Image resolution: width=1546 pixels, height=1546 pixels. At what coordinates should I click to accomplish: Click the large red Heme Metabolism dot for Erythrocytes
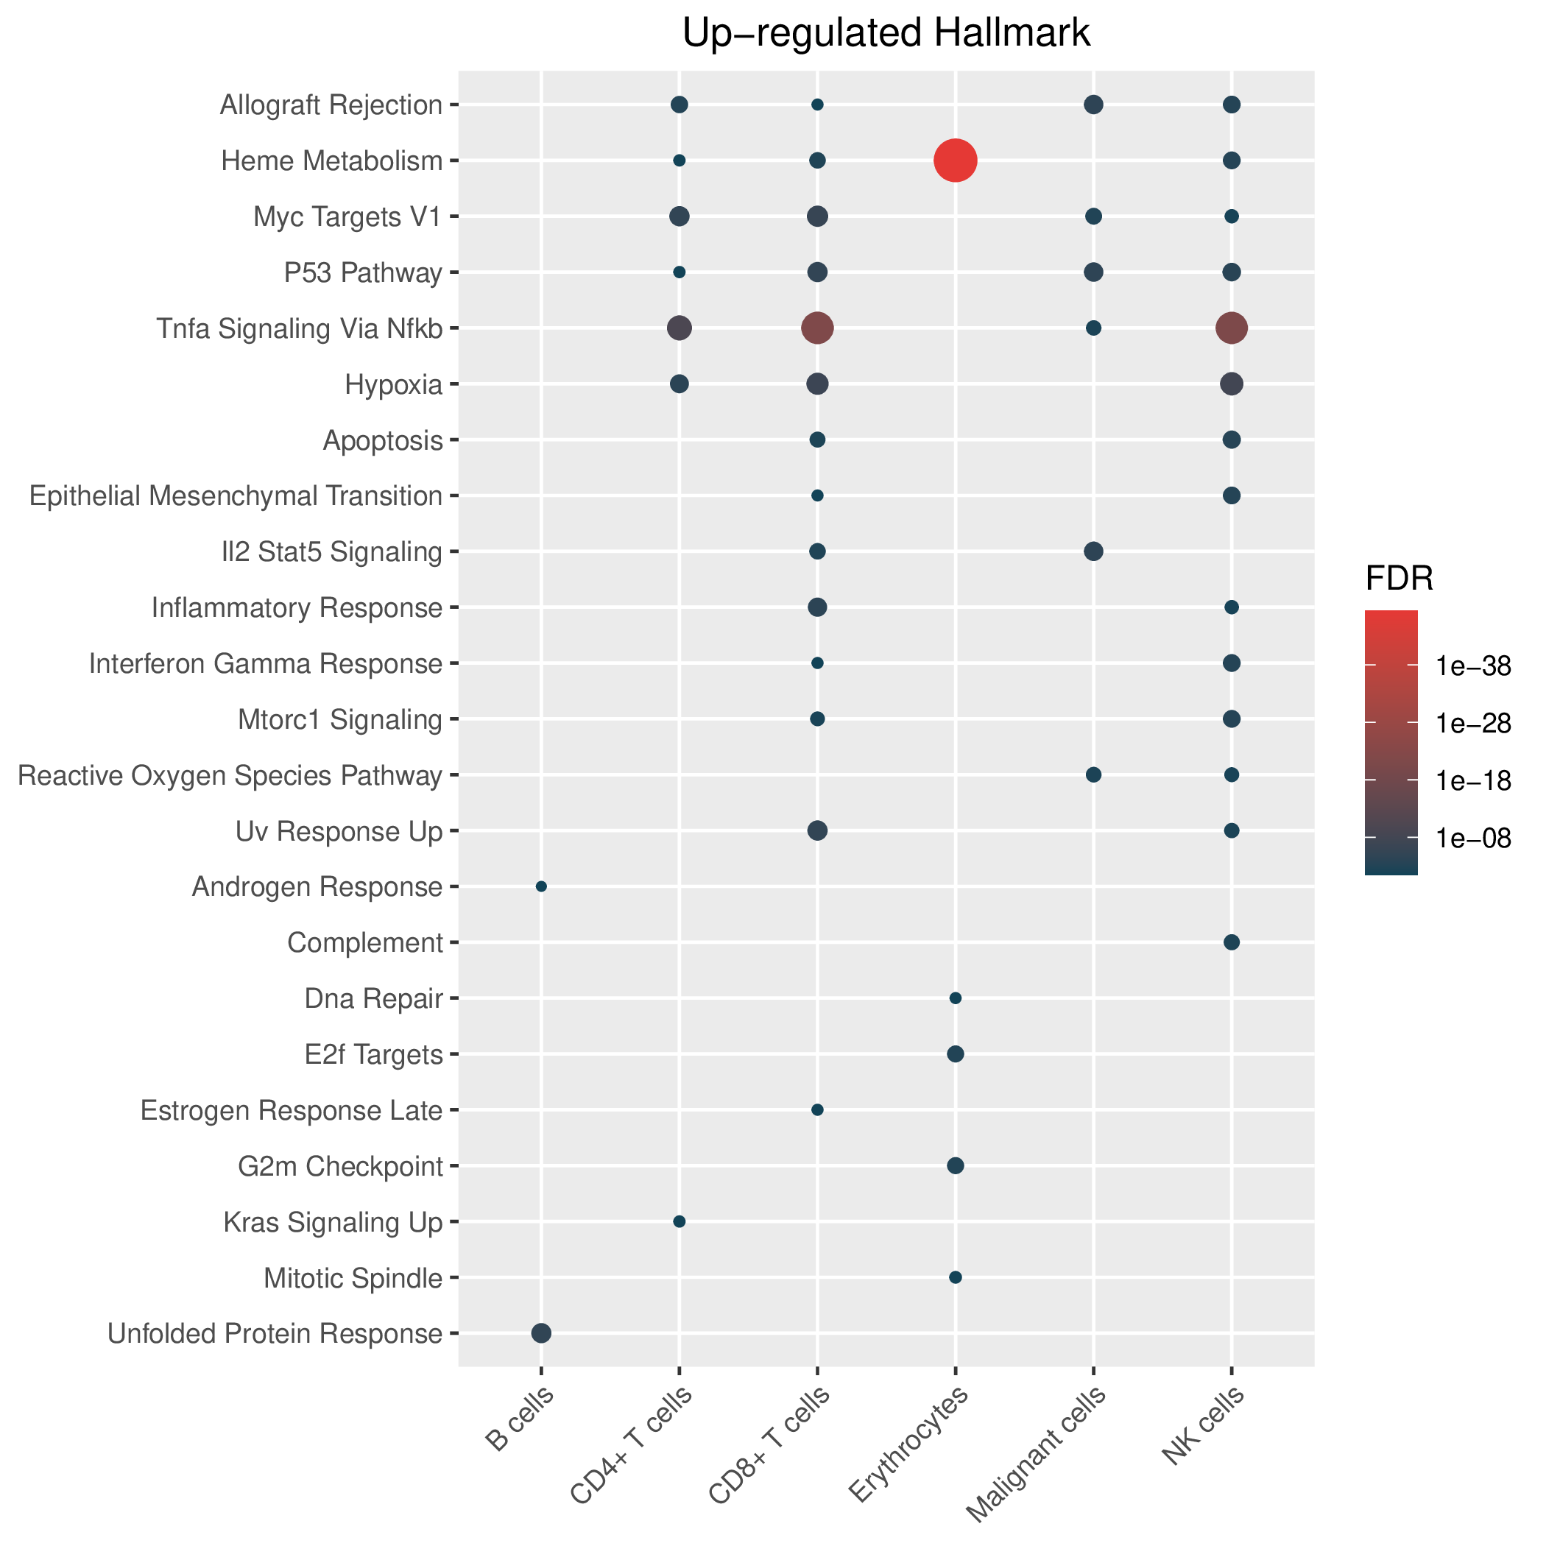tap(956, 160)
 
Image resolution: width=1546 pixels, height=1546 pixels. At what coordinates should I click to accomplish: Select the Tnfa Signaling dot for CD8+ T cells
tap(817, 328)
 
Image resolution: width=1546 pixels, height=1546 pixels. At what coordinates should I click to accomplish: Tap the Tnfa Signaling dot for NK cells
tap(1232, 328)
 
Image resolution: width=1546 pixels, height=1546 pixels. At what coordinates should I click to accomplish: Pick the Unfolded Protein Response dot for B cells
tap(541, 1333)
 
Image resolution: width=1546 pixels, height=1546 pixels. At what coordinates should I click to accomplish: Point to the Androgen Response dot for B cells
tap(541, 886)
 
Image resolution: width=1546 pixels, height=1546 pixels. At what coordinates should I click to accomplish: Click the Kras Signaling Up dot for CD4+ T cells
tap(680, 1221)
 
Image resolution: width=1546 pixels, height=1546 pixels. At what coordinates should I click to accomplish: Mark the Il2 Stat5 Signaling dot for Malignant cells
tap(1094, 551)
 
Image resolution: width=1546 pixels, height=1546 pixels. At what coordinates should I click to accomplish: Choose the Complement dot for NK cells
tap(1232, 942)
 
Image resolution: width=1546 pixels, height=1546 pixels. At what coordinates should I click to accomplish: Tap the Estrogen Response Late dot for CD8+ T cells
tap(817, 1110)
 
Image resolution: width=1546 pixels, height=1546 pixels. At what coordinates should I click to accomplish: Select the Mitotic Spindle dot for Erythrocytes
tap(956, 1277)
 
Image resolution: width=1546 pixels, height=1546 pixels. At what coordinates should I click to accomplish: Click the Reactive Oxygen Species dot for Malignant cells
tap(1094, 774)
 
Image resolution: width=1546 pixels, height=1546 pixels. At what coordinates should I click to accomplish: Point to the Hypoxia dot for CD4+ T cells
tap(680, 384)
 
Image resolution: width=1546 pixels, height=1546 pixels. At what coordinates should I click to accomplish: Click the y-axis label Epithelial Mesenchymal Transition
tap(236, 496)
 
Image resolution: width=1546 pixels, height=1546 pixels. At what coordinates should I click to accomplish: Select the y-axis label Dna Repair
tap(374, 999)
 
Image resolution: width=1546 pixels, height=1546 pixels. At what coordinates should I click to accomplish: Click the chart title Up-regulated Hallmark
tap(886, 34)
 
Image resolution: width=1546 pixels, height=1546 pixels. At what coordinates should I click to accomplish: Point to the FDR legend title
tap(1399, 579)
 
